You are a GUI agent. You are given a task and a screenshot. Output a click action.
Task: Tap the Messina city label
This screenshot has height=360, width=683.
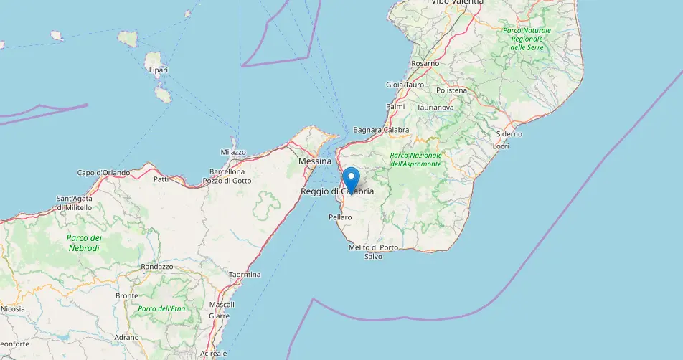point(314,162)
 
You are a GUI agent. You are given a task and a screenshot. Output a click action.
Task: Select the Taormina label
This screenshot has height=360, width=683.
point(245,275)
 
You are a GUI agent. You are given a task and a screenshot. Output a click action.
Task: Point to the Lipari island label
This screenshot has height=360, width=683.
point(157,70)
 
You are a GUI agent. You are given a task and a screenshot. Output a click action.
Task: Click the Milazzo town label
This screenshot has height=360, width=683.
point(233,152)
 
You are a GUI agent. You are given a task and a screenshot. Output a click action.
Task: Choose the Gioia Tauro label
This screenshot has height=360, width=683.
point(405,85)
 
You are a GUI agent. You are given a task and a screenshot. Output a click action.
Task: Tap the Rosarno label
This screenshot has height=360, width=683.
point(425,64)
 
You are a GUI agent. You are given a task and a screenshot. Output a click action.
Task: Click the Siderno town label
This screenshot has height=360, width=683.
point(509,134)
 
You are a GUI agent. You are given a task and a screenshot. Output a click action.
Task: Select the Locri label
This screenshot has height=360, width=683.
point(501,146)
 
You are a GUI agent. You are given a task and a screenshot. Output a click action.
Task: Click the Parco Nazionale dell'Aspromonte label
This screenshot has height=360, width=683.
point(415,160)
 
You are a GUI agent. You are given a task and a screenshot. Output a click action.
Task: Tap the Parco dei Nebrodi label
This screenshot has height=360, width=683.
point(84,242)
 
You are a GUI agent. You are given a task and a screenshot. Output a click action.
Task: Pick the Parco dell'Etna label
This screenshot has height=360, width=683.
point(157,308)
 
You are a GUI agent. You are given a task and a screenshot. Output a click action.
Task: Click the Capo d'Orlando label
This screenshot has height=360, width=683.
point(103,172)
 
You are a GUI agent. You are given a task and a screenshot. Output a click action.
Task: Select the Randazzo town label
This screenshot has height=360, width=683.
point(157,267)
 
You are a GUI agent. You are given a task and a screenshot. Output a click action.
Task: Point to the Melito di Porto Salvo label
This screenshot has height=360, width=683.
point(373,252)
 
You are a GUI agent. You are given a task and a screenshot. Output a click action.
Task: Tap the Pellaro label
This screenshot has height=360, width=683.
point(340,217)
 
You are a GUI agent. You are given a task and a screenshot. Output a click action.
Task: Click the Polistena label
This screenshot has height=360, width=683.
point(451,90)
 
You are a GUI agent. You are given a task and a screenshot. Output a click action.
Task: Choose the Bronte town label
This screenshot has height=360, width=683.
point(126,295)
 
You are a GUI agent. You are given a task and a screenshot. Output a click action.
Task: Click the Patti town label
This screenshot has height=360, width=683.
point(161,179)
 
